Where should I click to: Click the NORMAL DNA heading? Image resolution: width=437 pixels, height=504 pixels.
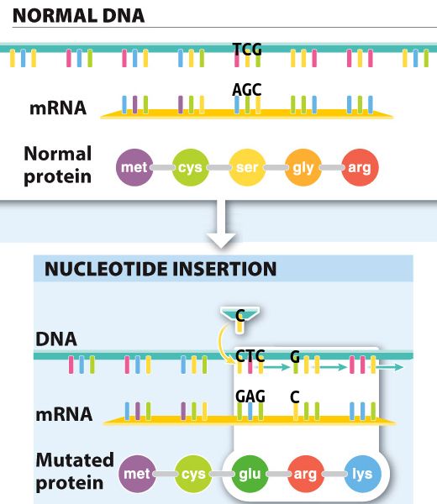pos(78,15)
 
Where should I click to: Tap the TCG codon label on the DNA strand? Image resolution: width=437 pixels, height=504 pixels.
pos(247,50)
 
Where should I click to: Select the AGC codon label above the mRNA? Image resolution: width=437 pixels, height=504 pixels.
pos(246,89)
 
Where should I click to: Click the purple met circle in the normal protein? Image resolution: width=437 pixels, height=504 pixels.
pos(134,167)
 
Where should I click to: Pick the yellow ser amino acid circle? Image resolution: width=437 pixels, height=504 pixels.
pos(247,167)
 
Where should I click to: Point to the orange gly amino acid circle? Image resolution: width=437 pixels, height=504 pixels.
pos(303,167)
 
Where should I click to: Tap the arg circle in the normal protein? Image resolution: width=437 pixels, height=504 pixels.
pos(360,167)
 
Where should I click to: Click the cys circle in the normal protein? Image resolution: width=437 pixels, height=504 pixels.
pos(191,167)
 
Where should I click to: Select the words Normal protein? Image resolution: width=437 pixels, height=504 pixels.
pos(57,165)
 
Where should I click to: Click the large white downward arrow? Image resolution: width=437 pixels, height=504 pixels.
pos(221,225)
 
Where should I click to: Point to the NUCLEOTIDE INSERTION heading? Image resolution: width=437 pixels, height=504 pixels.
pos(161,269)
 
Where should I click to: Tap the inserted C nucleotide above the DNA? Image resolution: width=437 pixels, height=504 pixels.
pos(240,316)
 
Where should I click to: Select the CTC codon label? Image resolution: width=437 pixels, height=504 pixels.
pos(250,356)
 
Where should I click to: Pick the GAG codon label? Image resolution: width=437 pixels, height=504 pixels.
pos(250,396)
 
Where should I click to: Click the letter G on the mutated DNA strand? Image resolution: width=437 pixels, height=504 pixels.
pos(295,356)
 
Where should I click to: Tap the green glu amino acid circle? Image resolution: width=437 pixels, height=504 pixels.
pos(250,474)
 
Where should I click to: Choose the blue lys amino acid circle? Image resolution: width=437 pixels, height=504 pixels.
pos(362,474)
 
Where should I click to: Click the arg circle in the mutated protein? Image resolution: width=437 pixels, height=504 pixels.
pos(306,474)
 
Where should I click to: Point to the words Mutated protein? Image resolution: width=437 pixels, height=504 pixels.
pos(75,471)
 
